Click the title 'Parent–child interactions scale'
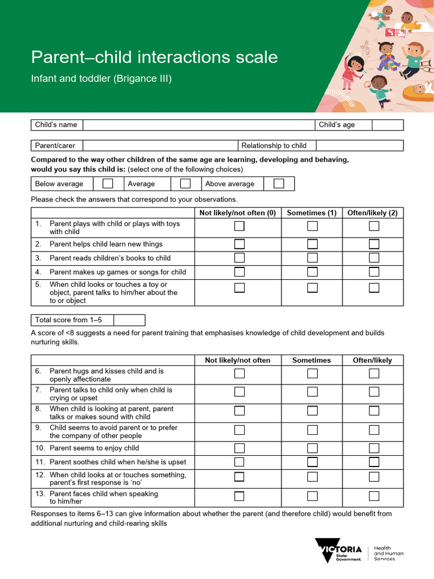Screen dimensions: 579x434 tap(154, 57)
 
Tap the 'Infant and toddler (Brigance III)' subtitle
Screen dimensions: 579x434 tap(101, 79)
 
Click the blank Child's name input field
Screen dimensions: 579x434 tap(198, 125)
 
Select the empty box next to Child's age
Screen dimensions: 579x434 tap(387, 125)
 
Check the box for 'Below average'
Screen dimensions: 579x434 tap(107, 184)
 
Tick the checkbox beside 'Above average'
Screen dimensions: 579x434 tap(279, 184)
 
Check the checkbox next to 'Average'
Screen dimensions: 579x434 tap(185, 184)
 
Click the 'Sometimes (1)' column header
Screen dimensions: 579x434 tap(311, 213)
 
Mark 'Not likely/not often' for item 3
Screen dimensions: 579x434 tap(240, 258)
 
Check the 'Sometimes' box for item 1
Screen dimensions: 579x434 tap(312, 226)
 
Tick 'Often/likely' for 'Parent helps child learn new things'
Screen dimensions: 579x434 tap(374, 244)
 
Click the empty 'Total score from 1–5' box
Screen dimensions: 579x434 tap(129, 320)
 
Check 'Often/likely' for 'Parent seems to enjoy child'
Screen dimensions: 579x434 tap(374, 448)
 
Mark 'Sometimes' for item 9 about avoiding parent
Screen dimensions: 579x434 tap(312, 430)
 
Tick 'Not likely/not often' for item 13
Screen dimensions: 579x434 tap(240, 496)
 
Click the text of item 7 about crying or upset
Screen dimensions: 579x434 tap(111, 394)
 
